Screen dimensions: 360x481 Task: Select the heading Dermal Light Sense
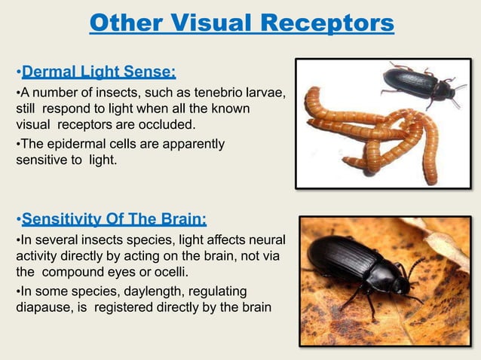(99, 72)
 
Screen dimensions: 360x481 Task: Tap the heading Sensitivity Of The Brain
(114, 219)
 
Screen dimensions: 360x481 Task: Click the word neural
(268, 239)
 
